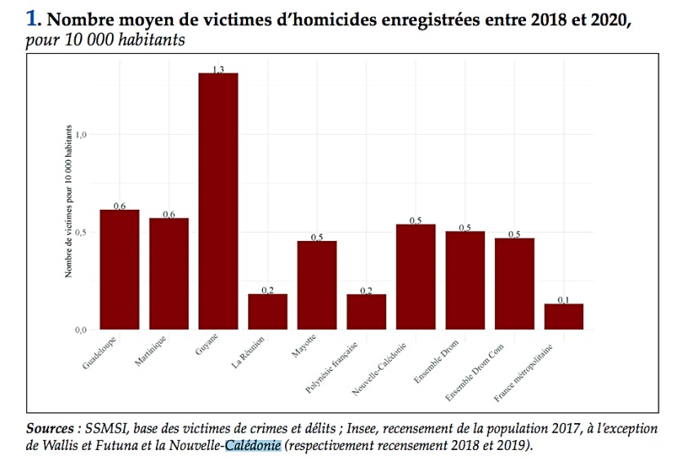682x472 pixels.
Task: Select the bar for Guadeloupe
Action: (119, 269)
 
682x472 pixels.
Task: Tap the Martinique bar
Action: (169, 273)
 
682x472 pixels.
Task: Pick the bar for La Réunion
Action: (268, 311)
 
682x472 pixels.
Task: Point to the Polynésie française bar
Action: (366, 311)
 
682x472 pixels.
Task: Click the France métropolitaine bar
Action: (564, 316)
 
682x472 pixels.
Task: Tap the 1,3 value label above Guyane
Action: (218, 70)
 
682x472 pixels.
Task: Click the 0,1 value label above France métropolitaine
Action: (564, 301)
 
